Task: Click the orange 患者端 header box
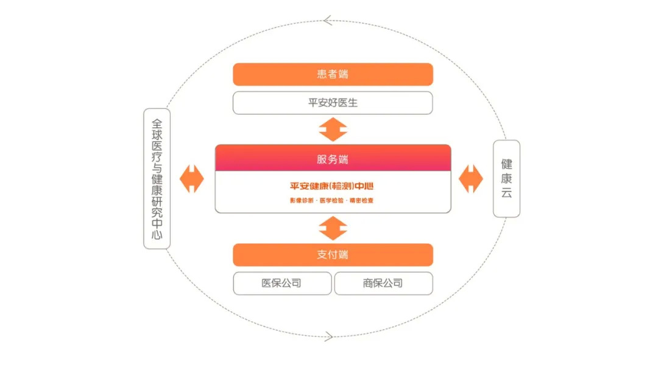tap(333, 74)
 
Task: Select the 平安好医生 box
tap(333, 103)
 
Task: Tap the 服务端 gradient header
tap(333, 159)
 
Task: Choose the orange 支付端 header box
tap(333, 255)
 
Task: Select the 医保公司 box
tap(281, 283)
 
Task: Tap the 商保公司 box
tap(383, 283)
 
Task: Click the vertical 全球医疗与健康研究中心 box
tap(157, 178)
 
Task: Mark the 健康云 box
tap(506, 178)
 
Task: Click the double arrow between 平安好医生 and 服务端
tap(333, 130)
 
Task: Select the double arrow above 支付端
tap(333, 228)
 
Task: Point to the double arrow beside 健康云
tap(470, 179)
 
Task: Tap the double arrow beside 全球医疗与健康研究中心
tap(191, 179)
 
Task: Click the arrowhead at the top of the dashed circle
tap(328, 21)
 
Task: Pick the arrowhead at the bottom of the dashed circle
tap(329, 336)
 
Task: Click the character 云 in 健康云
tap(506, 193)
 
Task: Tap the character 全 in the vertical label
tap(157, 122)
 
